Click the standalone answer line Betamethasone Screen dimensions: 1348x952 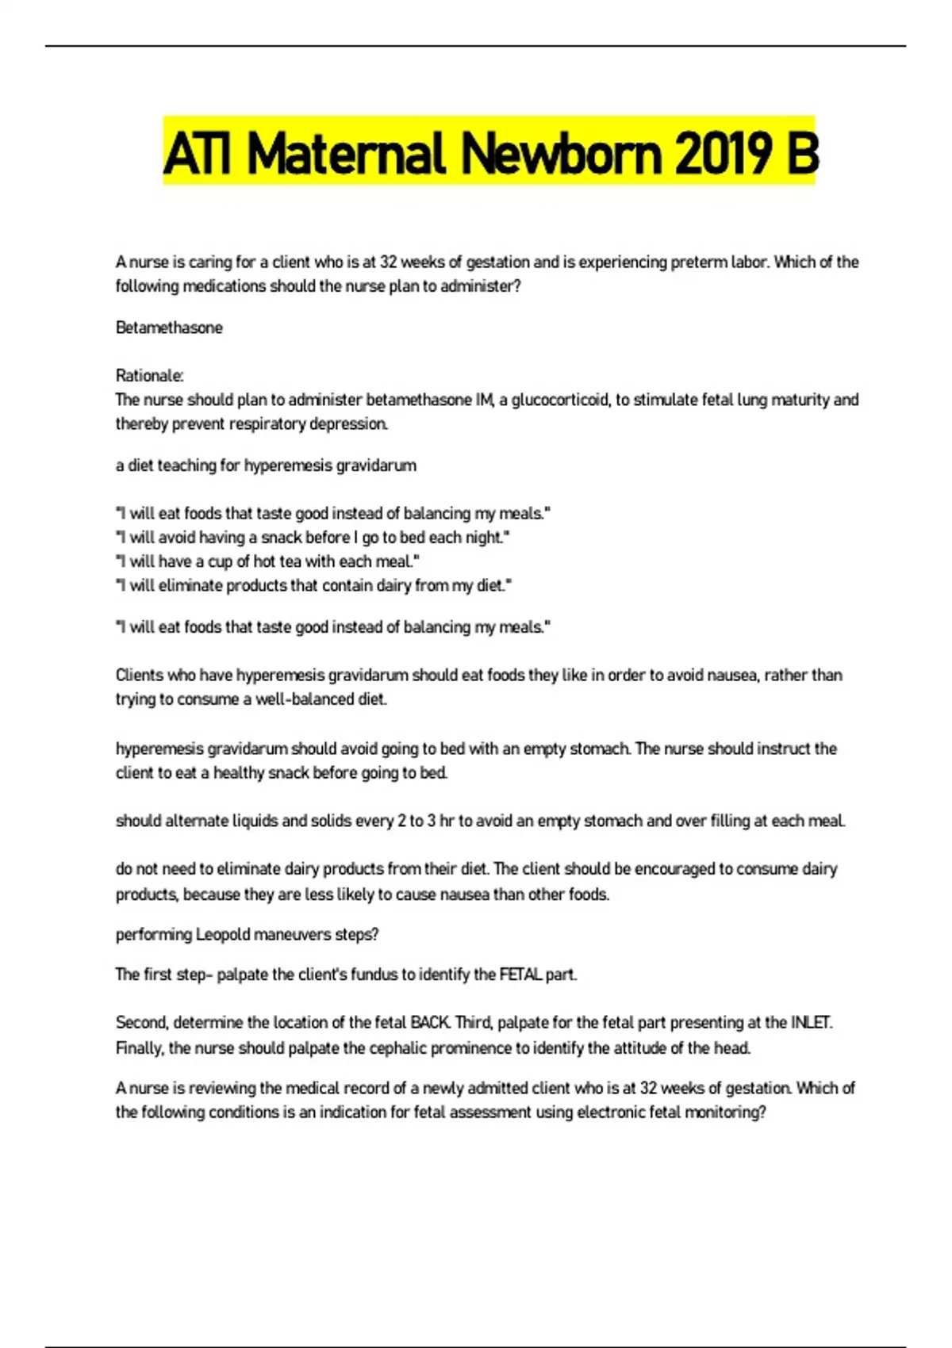coord(169,327)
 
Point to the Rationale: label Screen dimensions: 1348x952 coord(149,375)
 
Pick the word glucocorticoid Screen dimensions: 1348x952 coord(559,400)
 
